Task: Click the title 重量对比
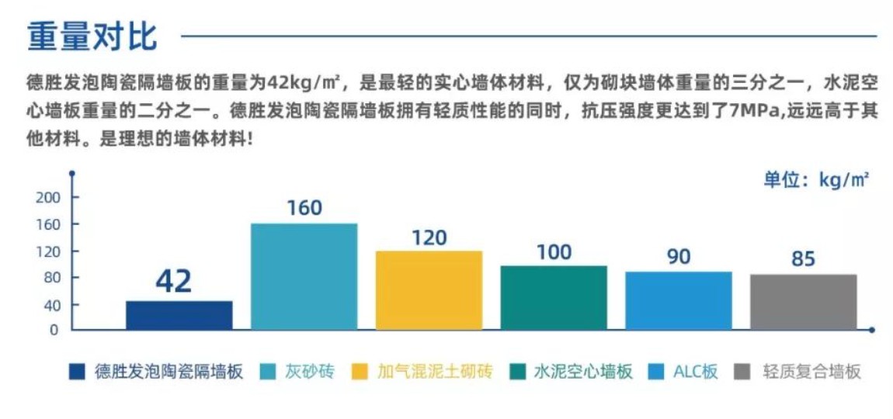pyautogui.click(x=92, y=36)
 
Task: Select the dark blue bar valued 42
pyautogui.click(x=179, y=315)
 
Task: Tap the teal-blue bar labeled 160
pyautogui.click(x=304, y=276)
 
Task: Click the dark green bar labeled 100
pyautogui.click(x=554, y=297)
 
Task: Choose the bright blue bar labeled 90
pyautogui.click(x=678, y=300)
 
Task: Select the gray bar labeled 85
pyautogui.click(x=803, y=302)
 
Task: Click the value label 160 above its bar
pyautogui.click(x=304, y=208)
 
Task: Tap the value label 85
pyautogui.click(x=803, y=258)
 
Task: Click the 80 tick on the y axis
pyautogui.click(x=51, y=278)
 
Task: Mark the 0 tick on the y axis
pyautogui.click(x=54, y=330)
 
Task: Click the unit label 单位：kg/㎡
pyautogui.click(x=815, y=180)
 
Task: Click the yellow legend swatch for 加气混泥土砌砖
pyautogui.click(x=360, y=372)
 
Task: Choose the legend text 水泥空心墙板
pyautogui.click(x=583, y=371)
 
